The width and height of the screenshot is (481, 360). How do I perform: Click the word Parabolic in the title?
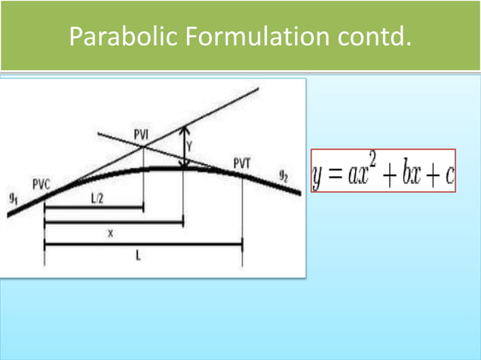tap(113, 36)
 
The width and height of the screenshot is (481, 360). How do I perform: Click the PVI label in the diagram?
tap(141, 135)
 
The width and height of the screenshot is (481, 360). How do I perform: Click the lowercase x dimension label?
tap(110, 233)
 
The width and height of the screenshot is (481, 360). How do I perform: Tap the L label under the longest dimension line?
tap(139, 255)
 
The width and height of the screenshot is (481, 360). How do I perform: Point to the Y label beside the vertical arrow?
tap(190, 145)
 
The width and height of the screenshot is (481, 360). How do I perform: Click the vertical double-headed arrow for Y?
tap(183, 148)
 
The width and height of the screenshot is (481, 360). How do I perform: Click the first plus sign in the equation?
tap(391, 176)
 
